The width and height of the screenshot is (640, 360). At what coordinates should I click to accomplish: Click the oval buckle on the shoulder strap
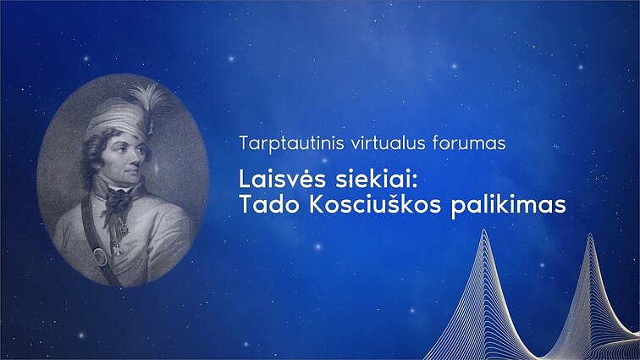[x=100, y=256]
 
